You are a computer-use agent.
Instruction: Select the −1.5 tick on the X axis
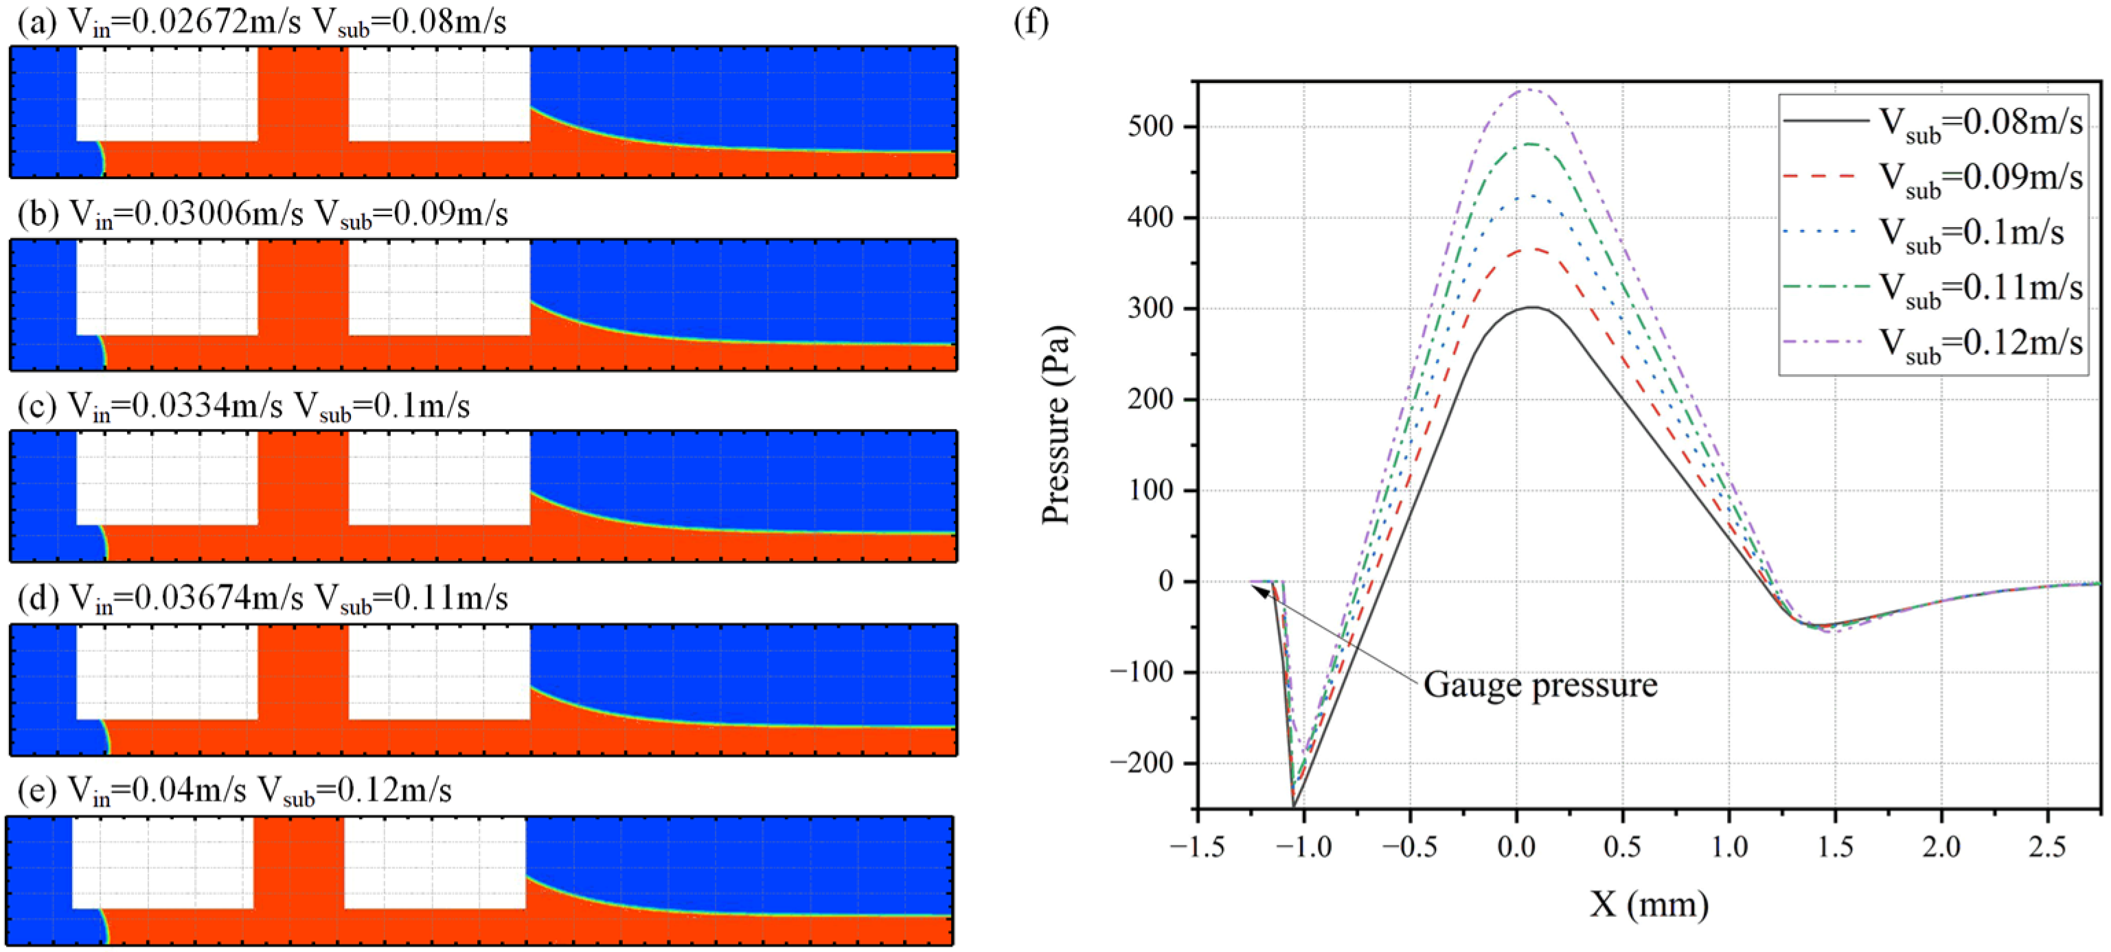tap(1197, 847)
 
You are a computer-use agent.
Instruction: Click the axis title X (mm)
tap(1649, 905)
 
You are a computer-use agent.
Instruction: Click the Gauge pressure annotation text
tap(1540, 685)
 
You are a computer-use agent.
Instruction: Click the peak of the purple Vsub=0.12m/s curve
tap(1529, 90)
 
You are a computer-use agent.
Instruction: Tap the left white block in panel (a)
tap(167, 93)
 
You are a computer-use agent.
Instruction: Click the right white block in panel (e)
tap(434, 862)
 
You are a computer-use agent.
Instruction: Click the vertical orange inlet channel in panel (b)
tap(304, 287)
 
